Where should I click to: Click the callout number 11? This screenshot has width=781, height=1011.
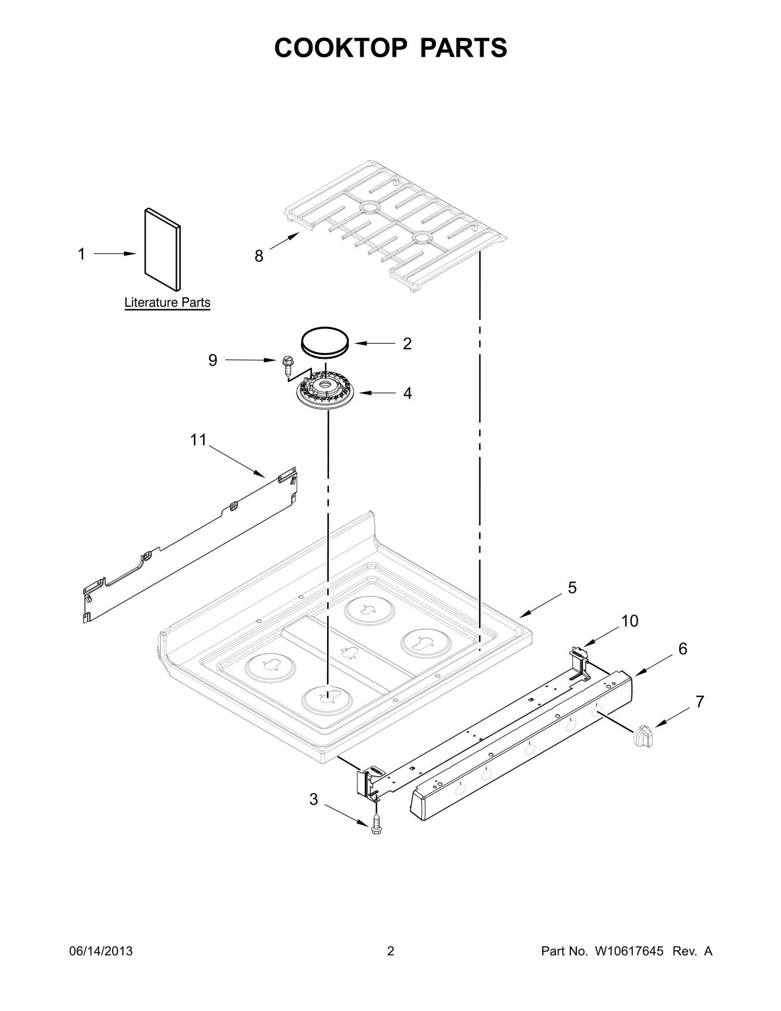point(198,440)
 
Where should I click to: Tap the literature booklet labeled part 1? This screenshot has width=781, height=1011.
point(163,249)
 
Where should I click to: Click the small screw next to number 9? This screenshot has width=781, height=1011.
point(288,365)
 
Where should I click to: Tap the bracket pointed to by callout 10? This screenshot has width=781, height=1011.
point(580,661)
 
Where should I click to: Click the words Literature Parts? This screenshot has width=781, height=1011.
point(167,303)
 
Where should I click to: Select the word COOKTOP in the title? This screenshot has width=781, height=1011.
point(340,48)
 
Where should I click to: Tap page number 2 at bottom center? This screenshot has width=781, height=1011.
point(390,951)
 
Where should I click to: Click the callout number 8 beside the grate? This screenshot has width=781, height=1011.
point(259,256)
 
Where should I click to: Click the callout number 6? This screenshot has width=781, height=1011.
point(682,649)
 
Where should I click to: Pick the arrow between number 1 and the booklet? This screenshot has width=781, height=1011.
point(115,254)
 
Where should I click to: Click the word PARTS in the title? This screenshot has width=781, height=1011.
point(463,48)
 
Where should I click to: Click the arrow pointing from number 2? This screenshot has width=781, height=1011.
point(375,343)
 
